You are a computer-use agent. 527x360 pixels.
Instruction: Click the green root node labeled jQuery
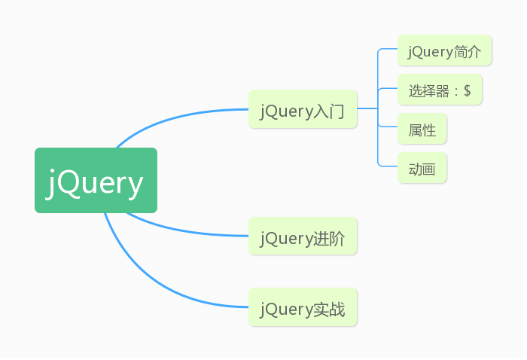point(96,180)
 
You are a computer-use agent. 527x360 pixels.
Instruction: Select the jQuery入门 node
point(303,109)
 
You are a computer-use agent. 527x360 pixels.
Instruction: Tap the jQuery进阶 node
point(303,236)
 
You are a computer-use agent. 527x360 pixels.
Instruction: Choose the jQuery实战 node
point(303,307)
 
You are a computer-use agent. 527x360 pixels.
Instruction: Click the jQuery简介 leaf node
point(445,50)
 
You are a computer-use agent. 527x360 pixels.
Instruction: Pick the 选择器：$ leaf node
point(440,90)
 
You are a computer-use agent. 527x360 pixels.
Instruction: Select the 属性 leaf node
point(422,129)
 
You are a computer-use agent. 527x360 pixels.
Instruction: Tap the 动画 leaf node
point(422,168)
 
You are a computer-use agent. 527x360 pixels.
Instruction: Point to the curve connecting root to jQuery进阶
point(185,230)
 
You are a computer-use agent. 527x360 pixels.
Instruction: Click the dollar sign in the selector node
point(468,90)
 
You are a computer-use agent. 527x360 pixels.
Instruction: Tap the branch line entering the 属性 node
point(388,127)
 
